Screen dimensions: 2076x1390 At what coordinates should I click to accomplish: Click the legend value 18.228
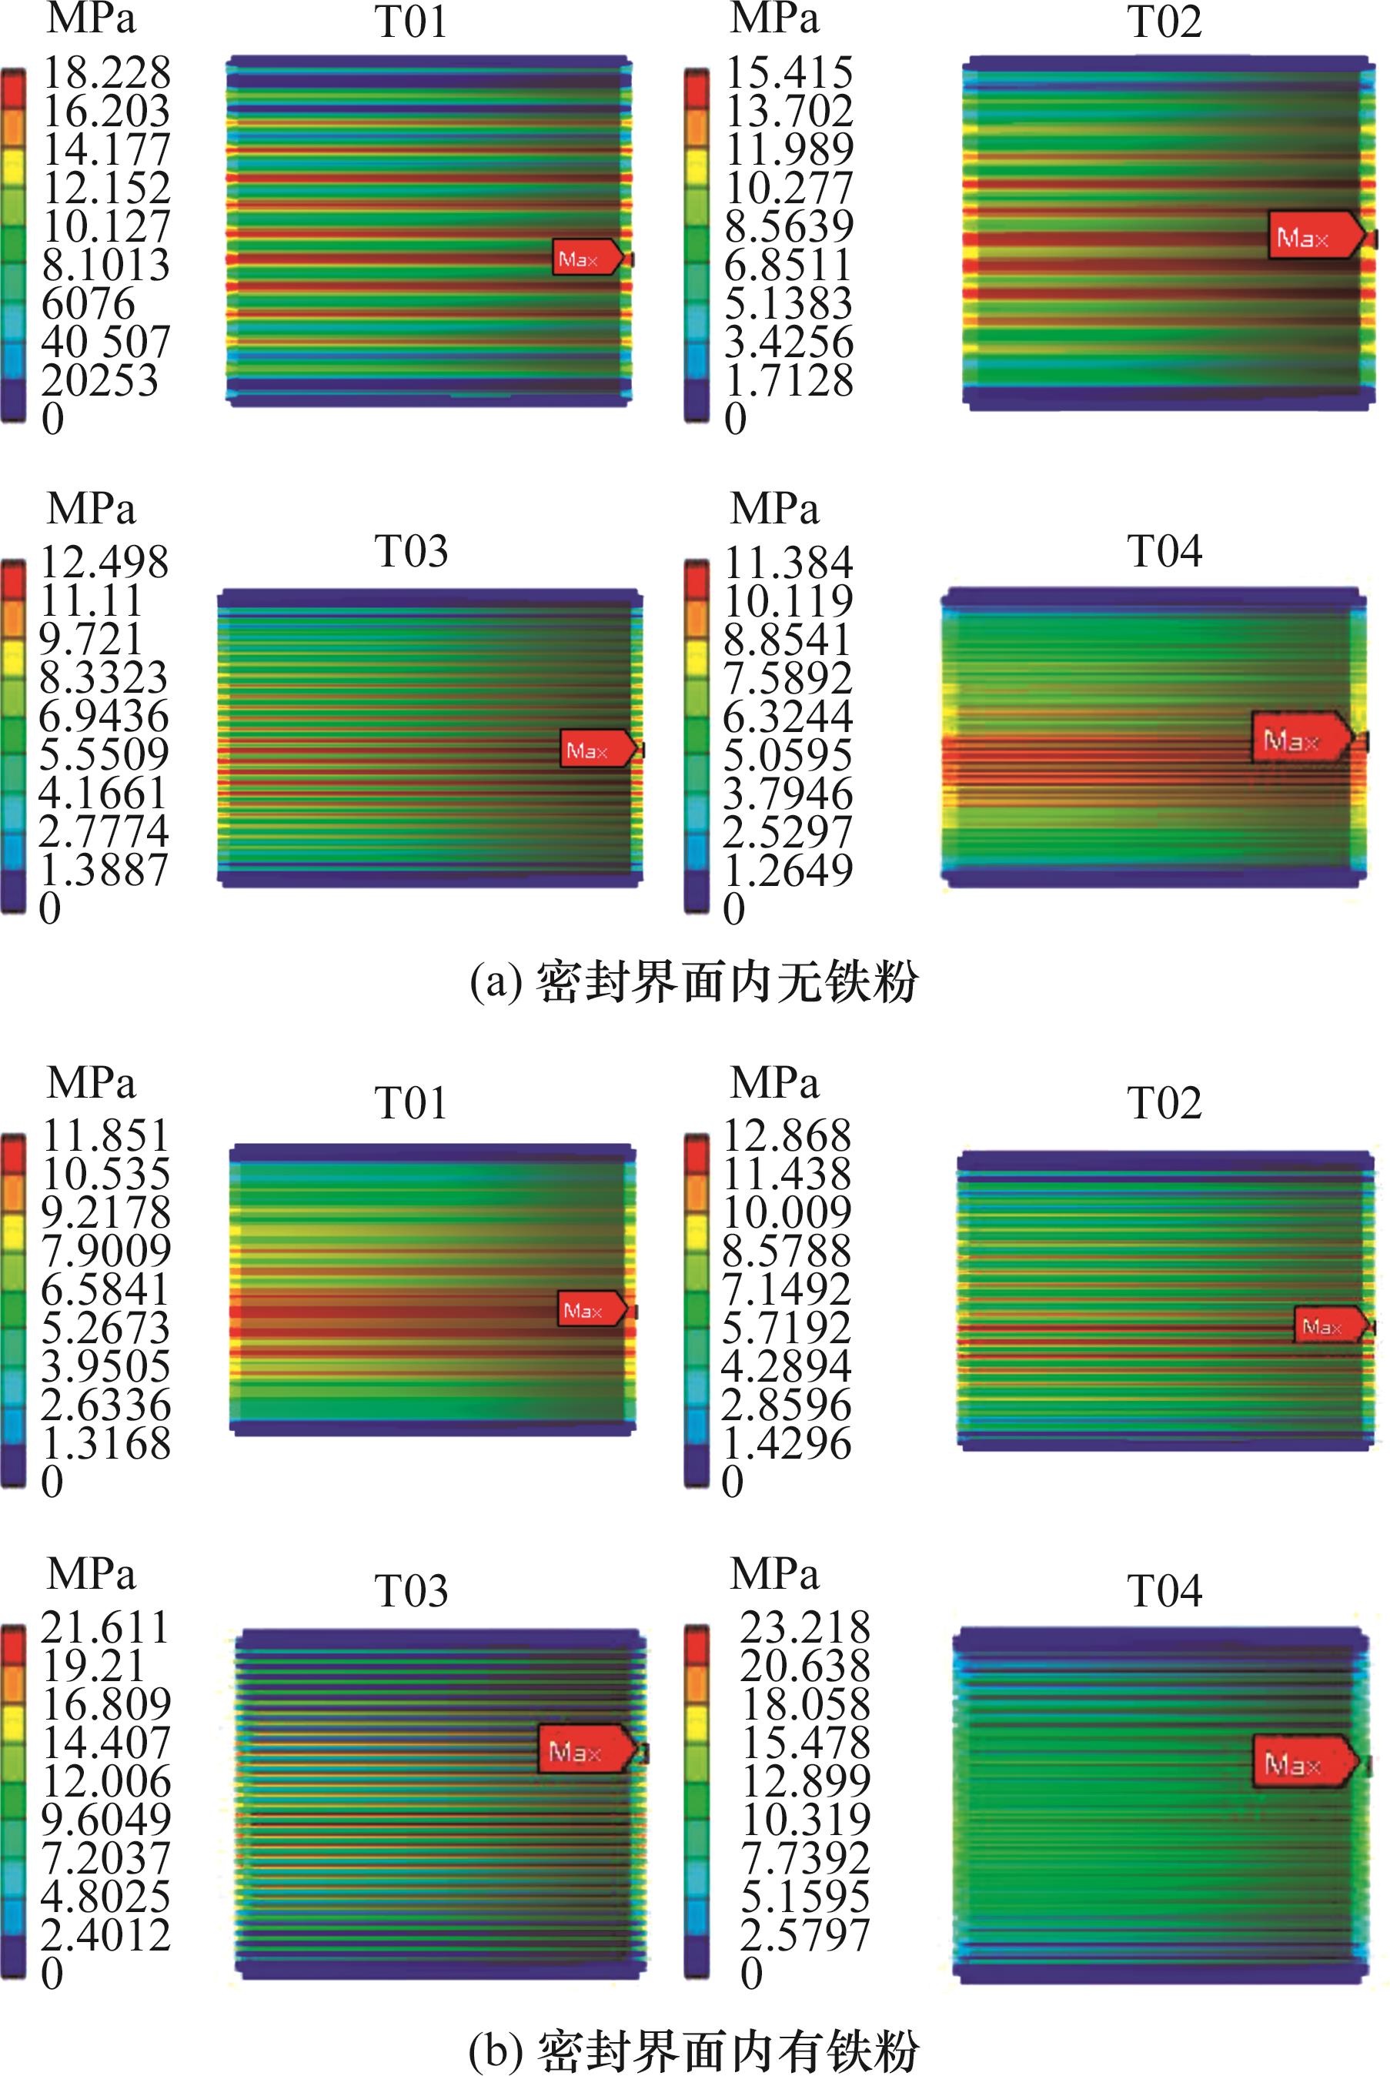(x=106, y=72)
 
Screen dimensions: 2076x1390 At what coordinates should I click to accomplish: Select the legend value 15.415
(x=789, y=72)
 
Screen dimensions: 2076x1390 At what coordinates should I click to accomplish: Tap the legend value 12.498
(x=105, y=562)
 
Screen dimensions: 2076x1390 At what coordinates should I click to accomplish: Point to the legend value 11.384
(x=789, y=562)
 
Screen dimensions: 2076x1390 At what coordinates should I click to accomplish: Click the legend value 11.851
(x=106, y=1135)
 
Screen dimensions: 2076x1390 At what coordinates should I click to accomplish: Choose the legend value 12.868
(x=787, y=1135)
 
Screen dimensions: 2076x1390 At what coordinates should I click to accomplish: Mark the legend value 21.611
(x=105, y=1627)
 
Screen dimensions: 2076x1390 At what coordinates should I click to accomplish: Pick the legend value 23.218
(x=805, y=1627)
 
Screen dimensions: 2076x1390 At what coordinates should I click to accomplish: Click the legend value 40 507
(x=105, y=343)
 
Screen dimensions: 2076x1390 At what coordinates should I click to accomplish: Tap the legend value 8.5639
(x=789, y=226)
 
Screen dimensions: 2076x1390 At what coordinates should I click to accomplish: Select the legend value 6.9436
(x=104, y=716)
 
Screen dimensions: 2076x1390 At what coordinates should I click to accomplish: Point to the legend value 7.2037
(x=105, y=1858)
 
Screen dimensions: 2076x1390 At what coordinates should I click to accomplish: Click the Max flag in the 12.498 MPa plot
(x=596, y=750)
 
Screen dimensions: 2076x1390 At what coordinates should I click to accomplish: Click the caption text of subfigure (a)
(x=694, y=982)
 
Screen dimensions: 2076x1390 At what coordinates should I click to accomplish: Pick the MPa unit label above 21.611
(x=92, y=1574)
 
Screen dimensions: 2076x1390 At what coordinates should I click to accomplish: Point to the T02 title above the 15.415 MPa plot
(x=1164, y=23)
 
